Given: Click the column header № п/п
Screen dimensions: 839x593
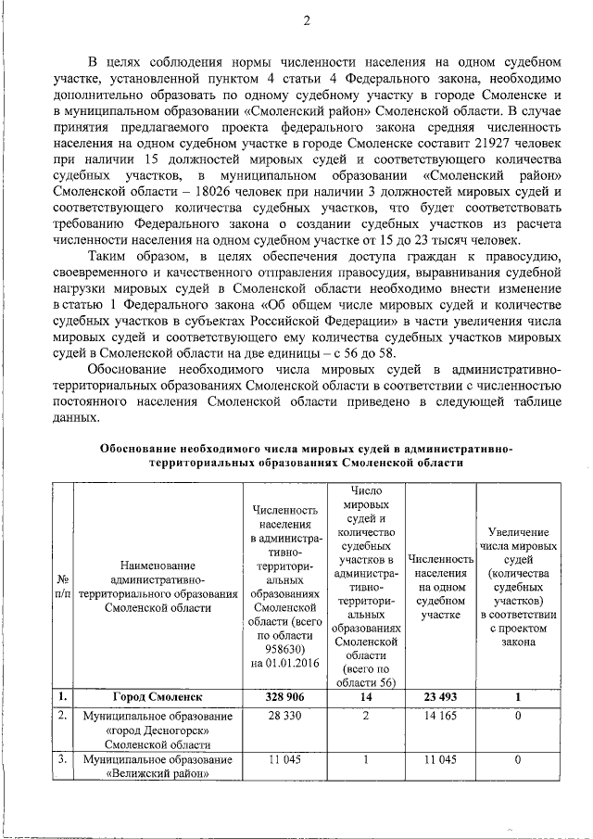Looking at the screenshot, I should click(x=62, y=586).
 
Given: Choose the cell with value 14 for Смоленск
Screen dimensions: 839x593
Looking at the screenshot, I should click(x=366, y=696).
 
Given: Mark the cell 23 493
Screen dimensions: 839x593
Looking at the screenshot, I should click(x=440, y=696).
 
